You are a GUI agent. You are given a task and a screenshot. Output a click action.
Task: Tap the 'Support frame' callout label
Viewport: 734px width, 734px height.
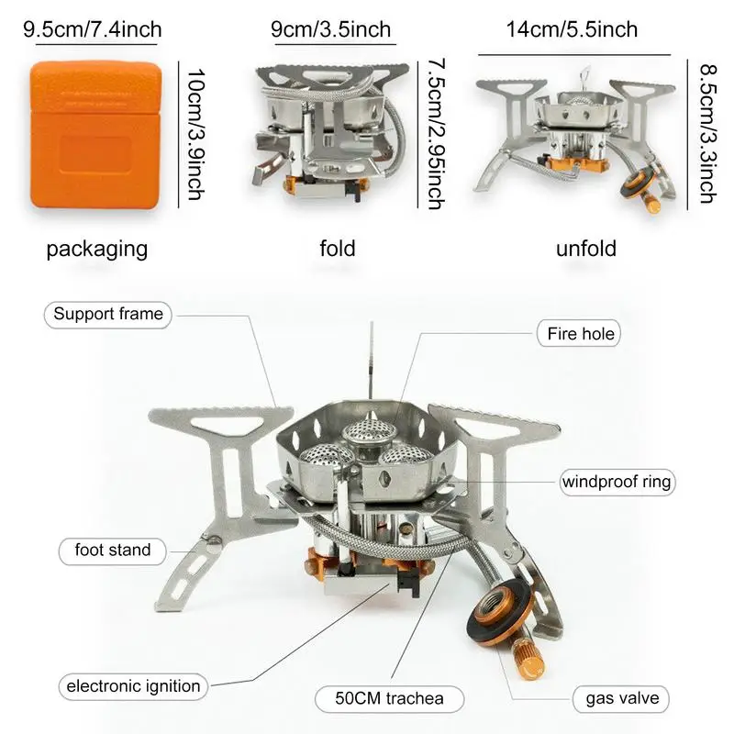108,315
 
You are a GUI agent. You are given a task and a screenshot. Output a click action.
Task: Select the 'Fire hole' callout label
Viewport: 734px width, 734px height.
577,334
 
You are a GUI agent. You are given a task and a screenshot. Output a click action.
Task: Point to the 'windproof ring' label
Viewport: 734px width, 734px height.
617,482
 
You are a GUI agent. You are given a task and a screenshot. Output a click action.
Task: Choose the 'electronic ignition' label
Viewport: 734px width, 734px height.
133,685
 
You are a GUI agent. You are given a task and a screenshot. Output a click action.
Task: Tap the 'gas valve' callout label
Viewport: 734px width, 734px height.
622,699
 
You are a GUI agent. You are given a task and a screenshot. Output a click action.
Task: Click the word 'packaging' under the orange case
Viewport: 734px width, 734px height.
96,249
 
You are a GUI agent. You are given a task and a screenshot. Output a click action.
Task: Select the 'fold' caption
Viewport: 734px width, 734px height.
338,249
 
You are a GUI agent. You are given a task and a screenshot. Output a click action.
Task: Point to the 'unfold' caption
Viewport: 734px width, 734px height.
585,249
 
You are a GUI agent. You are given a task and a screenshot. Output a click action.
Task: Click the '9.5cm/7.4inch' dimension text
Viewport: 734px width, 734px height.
92,29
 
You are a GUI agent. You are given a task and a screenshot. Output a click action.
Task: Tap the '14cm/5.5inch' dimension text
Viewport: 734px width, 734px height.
572,29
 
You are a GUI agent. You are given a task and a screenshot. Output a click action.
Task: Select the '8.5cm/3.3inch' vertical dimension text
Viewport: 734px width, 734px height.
706,133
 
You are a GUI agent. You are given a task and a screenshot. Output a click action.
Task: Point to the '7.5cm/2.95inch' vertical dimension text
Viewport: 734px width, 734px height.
436,134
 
